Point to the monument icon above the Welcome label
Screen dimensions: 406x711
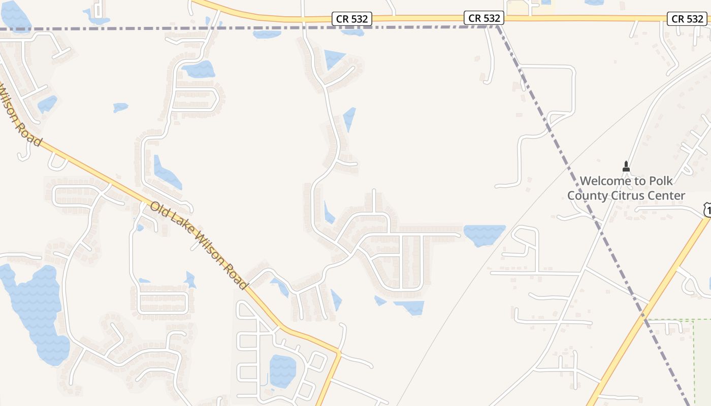626,166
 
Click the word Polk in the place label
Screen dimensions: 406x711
659,181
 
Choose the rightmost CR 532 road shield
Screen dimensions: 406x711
687,19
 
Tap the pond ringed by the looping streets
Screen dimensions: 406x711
282,370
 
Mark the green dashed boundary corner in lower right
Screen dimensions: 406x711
693,320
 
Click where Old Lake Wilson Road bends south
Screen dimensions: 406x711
339,351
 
